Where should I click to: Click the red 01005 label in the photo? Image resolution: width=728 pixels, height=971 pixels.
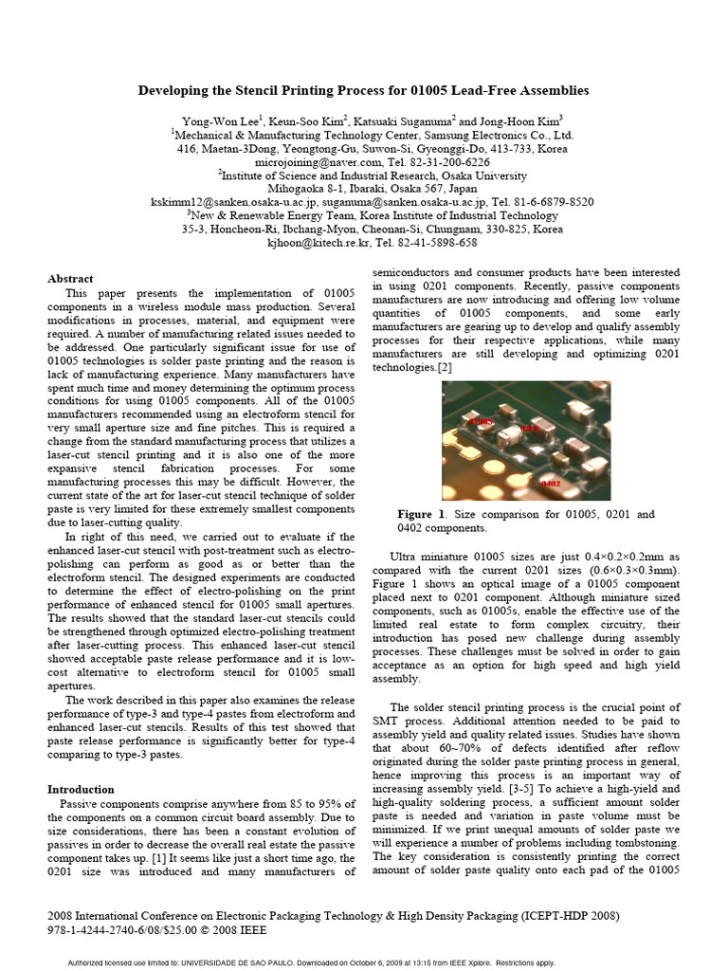[482, 420]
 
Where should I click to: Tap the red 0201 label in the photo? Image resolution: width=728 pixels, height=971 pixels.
[529, 429]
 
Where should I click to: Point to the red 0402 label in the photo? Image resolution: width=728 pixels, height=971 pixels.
[551, 484]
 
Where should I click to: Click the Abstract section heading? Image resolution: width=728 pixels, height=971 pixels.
[70, 279]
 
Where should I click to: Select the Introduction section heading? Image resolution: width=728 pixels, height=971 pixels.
[81, 789]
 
